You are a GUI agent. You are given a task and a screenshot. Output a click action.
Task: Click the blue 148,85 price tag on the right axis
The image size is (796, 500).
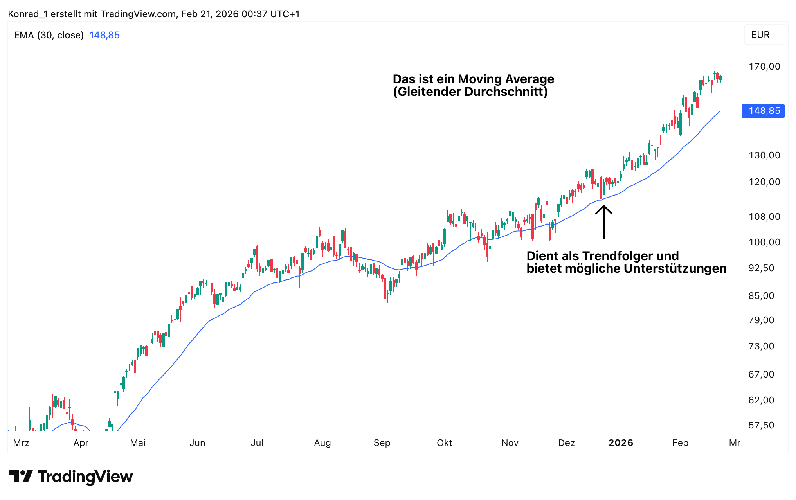click(x=764, y=111)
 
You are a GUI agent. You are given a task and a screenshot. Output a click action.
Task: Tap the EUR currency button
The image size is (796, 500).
click(x=760, y=35)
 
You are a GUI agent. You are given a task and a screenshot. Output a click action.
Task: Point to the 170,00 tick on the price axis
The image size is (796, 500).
click(x=764, y=67)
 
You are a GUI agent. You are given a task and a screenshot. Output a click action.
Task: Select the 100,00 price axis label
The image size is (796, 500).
click(x=764, y=242)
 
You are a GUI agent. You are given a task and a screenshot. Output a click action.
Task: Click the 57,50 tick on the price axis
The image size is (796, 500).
click(x=761, y=425)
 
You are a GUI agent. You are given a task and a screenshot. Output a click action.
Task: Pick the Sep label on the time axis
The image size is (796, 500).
click(x=382, y=443)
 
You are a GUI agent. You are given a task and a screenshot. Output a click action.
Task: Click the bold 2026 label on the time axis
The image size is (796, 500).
click(x=621, y=443)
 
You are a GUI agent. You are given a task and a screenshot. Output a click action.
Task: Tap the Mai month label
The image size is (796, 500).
click(x=138, y=443)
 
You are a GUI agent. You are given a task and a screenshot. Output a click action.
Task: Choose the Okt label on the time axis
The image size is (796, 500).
click(x=445, y=443)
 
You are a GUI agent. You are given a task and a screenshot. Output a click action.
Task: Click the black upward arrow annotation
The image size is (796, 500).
click(x=604, y=221)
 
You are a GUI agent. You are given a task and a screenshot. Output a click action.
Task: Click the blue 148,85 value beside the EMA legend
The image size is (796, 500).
click(x=104, y=35)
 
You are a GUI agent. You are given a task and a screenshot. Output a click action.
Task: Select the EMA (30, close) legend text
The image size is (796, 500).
click(x=49, y=35)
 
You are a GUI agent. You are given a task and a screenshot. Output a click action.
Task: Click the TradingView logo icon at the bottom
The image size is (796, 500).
click(x=21, y=477)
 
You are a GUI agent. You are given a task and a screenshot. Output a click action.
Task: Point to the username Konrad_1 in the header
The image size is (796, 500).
click(x=27, y=14)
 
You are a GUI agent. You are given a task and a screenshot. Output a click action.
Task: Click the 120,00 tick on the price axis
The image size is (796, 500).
click(x=764, y=182)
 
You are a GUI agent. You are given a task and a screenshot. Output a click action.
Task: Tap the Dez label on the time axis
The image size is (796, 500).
click(x=566, y=443)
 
